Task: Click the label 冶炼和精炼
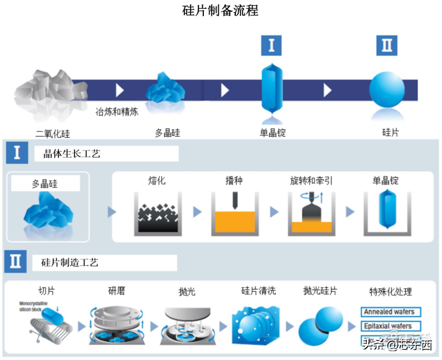(x=117, y=112)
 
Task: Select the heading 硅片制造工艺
(x=70, y=263)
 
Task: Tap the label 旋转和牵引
(x=311, y=181)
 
